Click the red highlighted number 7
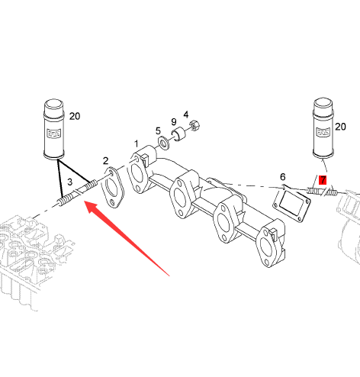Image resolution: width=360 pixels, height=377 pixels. (x=323, y=180)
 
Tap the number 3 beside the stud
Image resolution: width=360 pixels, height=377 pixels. (x=69, y=182)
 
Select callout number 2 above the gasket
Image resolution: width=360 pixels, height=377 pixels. (x=105, y=160)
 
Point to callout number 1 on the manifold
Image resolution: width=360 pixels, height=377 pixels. (x=137, y=143)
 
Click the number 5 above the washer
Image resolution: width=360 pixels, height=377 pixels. (x=158, y=131)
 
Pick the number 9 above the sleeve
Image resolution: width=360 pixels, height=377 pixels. (x=174, y=122)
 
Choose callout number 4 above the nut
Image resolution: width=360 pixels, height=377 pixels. (x=186, y=114)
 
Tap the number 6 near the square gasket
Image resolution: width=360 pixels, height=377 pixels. (x=283, y=177)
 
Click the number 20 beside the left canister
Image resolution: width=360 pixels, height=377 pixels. (x=75, y=116)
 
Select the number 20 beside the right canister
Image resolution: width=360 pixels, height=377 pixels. (x=340, y=127)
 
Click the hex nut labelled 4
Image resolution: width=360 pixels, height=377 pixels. (x=194, y=126)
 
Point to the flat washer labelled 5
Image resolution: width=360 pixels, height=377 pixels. (x=164, y=143)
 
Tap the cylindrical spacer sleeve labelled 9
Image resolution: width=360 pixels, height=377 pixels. (x=178, y=134)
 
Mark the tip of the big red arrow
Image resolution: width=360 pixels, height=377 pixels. (x=85, y=201)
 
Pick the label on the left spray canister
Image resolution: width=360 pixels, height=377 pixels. (x=54, y=133)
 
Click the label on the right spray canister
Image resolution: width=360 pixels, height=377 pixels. (x=323, y=132)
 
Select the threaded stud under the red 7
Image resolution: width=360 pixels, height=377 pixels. (x=322, y=192)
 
